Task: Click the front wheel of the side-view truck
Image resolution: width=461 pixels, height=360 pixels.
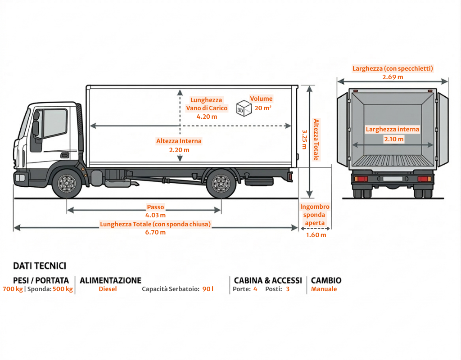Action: coord(67,183)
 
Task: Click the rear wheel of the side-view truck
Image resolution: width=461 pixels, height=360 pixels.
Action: coord(221,183)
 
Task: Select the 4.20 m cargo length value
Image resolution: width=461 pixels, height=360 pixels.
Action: coord(207,116)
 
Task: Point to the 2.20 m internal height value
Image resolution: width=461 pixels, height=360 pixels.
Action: coord(179,149)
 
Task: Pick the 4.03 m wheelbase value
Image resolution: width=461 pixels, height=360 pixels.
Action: coord(155,215)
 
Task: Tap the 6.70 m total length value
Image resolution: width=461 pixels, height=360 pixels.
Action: coord(155,232)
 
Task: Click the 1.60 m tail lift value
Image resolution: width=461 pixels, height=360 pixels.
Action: coord(316,235)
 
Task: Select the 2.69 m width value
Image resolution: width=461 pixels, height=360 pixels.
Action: coord(393,77)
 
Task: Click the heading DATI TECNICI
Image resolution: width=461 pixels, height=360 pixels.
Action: coord(40,266)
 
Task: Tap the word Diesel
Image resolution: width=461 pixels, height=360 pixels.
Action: coord(108,289)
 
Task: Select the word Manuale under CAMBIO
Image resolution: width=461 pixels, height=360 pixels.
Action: coord(324,289)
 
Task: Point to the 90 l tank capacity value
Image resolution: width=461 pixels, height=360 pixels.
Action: coord(208,289)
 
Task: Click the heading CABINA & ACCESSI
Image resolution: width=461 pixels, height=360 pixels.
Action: coord(268,280)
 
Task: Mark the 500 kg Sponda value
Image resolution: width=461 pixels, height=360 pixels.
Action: coord(63,289)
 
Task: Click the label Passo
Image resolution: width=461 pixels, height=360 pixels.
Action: coord(155,207)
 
